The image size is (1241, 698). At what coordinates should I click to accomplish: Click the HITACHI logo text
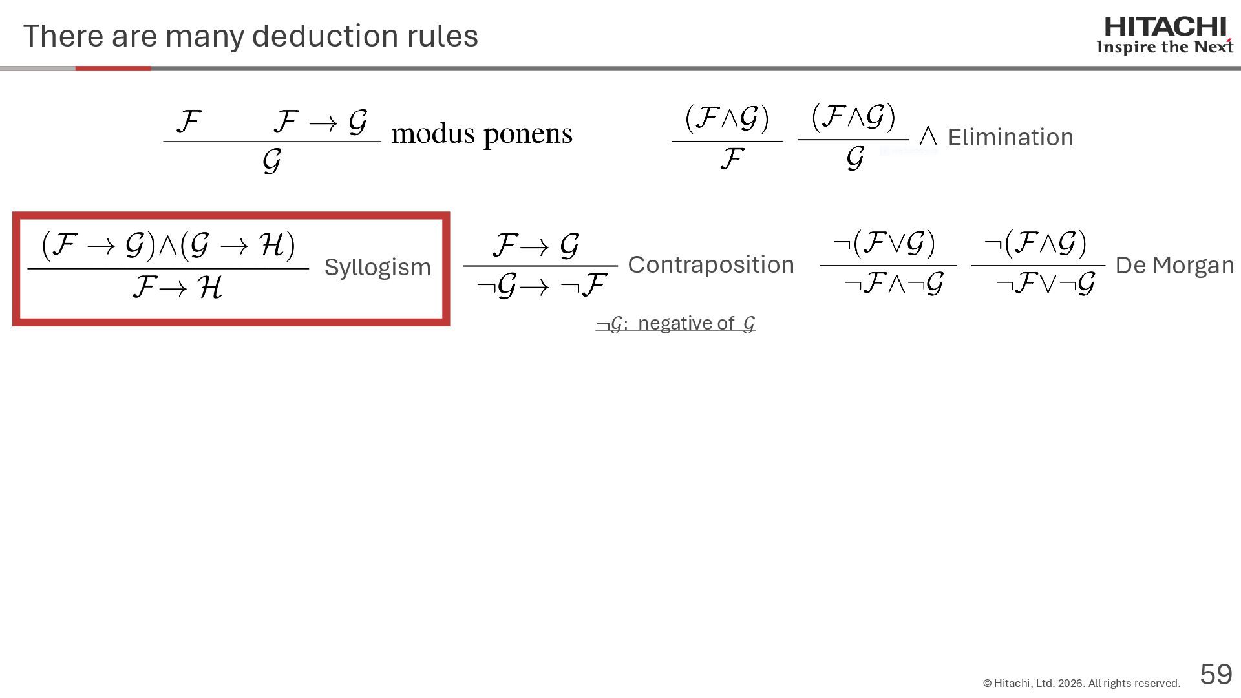click(1165, 27)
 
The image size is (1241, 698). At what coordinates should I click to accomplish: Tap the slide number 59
click(1216, 675)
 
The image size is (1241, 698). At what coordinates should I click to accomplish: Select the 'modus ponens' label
click(482, 134)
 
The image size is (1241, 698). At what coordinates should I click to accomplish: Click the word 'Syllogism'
click(377, 267)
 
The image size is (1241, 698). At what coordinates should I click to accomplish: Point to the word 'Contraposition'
click(710, 264)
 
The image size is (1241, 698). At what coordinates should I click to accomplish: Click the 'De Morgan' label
click(1174, 265)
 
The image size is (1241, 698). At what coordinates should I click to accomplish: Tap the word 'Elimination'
click(1010, 137)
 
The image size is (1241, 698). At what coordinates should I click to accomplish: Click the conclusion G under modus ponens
click(271, 160)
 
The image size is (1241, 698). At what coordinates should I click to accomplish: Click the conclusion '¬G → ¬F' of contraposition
click(542, 285)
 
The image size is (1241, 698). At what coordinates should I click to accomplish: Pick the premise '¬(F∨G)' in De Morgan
click(884, 244)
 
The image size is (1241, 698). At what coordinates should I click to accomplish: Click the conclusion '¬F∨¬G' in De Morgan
click(1045, 283)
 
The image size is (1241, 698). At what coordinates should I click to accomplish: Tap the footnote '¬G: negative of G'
click(675, 323)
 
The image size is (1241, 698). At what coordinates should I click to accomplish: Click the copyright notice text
click(1081, 683)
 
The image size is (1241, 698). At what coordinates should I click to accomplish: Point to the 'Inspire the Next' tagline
click(1164, 47)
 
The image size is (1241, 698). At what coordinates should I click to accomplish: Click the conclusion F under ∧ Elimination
click(731, 159)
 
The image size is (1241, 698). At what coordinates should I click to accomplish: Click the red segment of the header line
click(113, 68)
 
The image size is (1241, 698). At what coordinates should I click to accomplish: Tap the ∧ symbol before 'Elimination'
click(928, 136)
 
